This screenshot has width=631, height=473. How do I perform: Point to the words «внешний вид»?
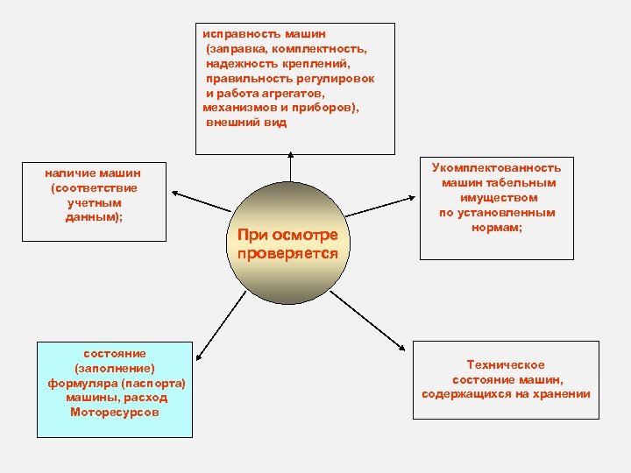point(246,123)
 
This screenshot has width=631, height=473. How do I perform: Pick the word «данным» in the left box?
point(92,217)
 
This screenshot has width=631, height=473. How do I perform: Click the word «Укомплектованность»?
point(496,167)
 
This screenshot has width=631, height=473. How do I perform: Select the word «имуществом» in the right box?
point(496,197)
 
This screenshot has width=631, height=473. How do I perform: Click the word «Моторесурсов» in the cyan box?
point(115,412)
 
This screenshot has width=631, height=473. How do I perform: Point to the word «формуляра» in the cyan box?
point(82,383)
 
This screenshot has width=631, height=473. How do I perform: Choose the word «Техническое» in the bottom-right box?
point(506,364)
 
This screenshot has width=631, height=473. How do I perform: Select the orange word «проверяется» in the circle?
point(287,252)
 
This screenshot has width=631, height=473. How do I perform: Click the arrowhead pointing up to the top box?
point(288,159)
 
